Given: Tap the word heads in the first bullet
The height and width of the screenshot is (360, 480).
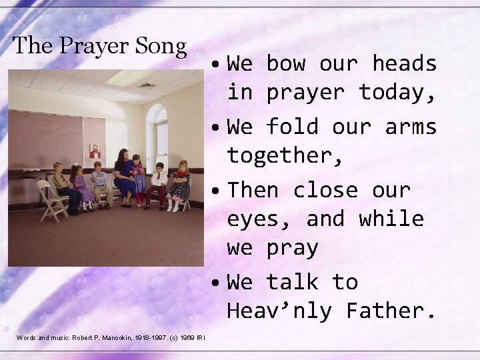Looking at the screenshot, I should click(x=404, y=64).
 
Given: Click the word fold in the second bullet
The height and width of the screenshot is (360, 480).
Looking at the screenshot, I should click(x=285, y=127).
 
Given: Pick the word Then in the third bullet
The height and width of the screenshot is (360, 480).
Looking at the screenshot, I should click(x=253, y=190).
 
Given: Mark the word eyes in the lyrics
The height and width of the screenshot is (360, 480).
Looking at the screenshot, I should click(x=259, y=219).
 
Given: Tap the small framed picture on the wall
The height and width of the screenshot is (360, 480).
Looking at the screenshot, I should click(x=95, y=150).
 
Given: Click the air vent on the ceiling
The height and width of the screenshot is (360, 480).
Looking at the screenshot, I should click(x=147, y=85).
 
